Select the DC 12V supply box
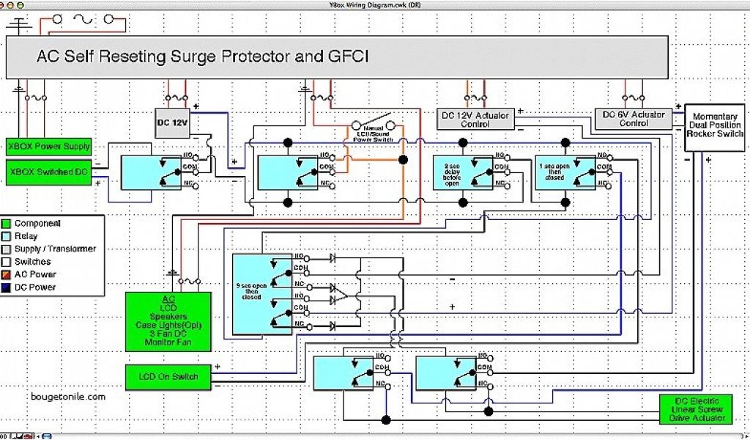pyautogui.click(x=173, y=122)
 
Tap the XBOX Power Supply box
pyautogui.click(x=49, y=146)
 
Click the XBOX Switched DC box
pyautogui.click(x=49, y=172)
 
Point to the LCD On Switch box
pyautogui.click(x=168, y=377)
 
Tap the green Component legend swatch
pyautogui.click(x=7, y=224)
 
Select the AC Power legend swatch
pyautogui.click(x=7, y=274)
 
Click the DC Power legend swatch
pyautogui.click(x=7, y=287)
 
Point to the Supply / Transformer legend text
pyautogui.click(x=55, y=249)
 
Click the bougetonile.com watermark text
pyautogui.click(x=69, y=396)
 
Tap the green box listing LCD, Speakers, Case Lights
pyautogui.click(x=168, y=320)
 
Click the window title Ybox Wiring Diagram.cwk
pyautogui.click(x=375, y=4)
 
